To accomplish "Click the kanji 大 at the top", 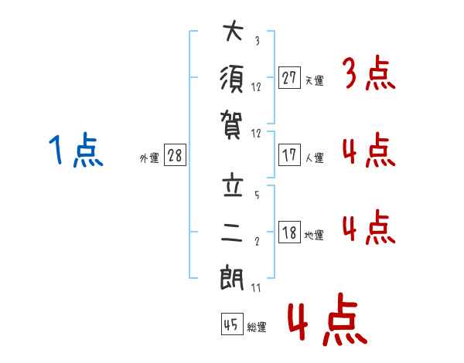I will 233,33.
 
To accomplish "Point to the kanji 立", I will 233,187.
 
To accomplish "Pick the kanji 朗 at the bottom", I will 233,277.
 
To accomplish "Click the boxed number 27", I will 289,77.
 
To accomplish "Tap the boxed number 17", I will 289,154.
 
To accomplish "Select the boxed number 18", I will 289,232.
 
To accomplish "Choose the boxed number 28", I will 175,155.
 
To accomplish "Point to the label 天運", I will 314,80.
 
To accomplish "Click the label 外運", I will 149,158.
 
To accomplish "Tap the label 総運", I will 257,327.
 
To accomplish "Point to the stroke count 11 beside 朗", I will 256,287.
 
